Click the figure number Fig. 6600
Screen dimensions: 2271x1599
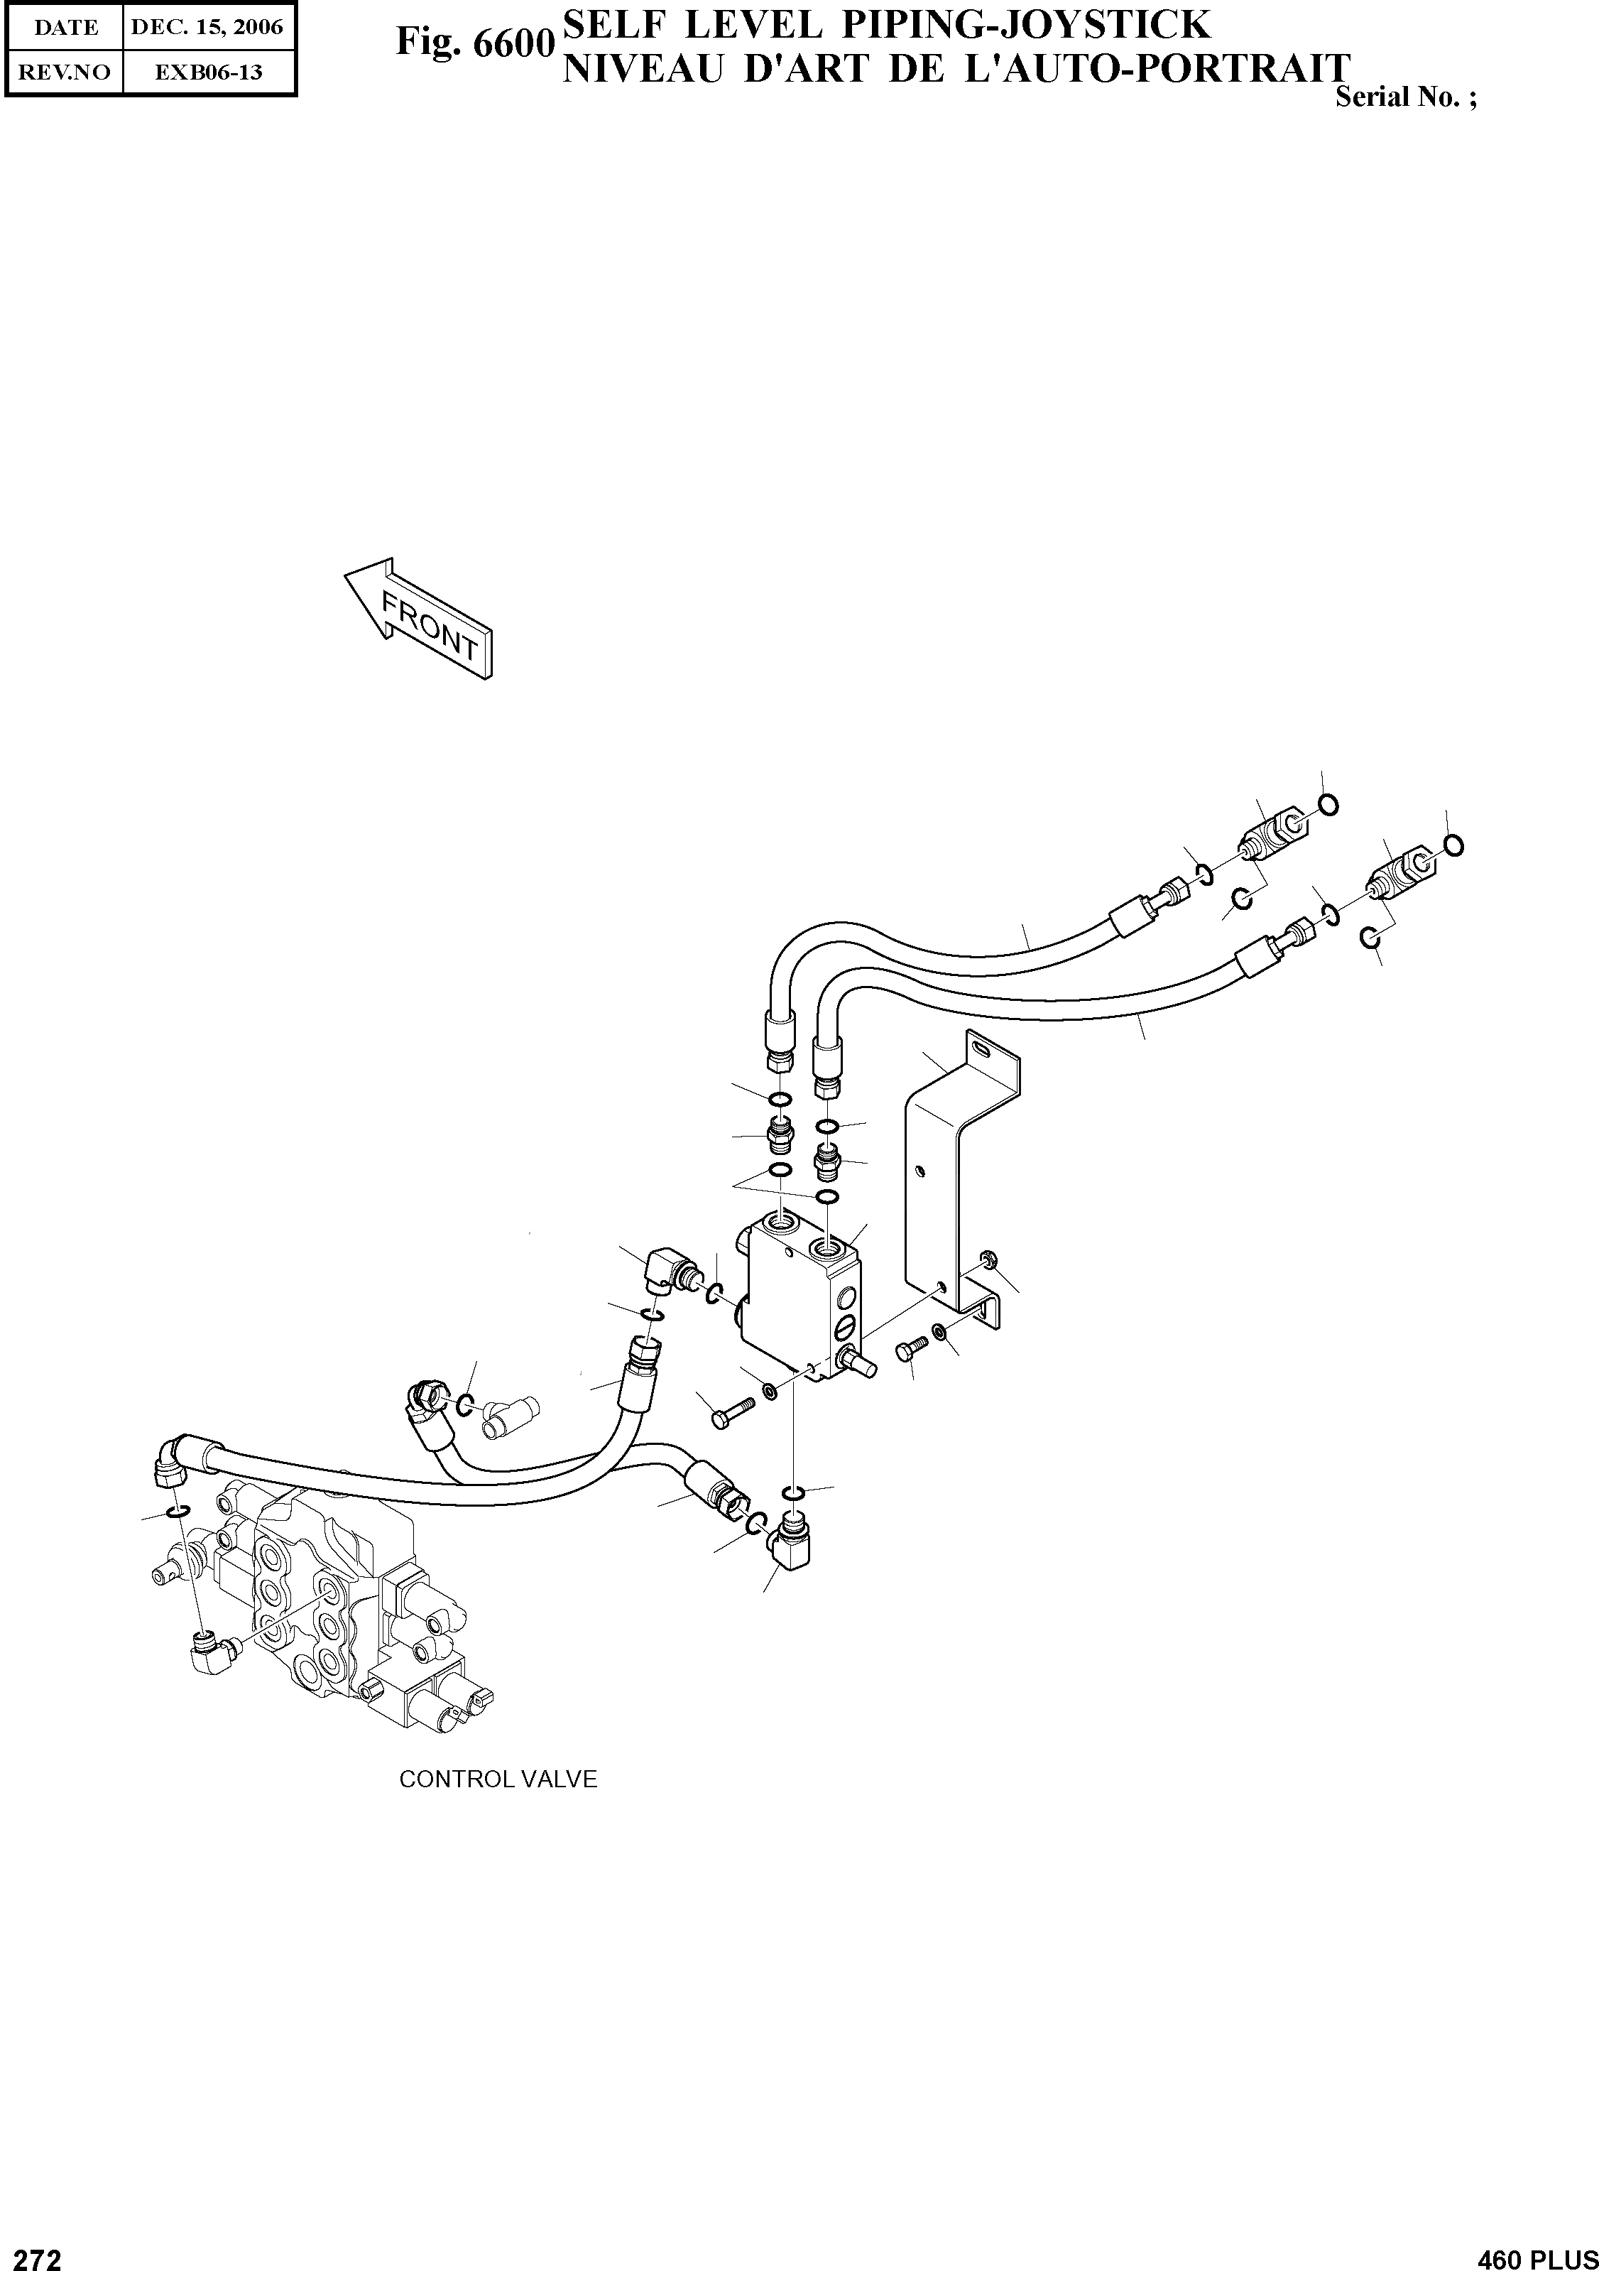473,43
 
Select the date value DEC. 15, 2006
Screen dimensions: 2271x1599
207,27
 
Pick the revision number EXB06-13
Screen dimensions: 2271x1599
207,72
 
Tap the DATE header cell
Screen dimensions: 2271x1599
65,27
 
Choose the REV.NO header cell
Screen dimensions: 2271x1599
65,72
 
